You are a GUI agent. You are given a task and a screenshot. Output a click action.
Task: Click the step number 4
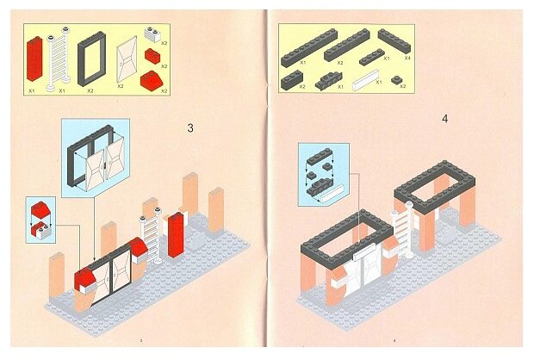coord(444,118)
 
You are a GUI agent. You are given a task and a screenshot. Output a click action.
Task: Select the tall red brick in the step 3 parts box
coord(35,60)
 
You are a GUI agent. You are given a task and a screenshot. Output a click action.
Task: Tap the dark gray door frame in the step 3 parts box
coord(90,57)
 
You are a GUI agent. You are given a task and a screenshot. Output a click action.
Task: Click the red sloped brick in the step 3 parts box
coord(149,84)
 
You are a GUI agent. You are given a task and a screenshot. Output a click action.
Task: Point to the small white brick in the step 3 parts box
coord(152,34)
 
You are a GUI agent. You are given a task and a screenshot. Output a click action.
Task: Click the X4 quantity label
coord(407,58)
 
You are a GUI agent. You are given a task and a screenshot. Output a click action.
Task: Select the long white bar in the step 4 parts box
coord(365,81)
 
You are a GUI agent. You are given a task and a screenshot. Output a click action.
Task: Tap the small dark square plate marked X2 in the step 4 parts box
coord(397,79)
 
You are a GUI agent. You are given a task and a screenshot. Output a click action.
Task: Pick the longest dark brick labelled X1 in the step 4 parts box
coord(303,53)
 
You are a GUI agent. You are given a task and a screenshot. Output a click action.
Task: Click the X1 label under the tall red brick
coord(31,89)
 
